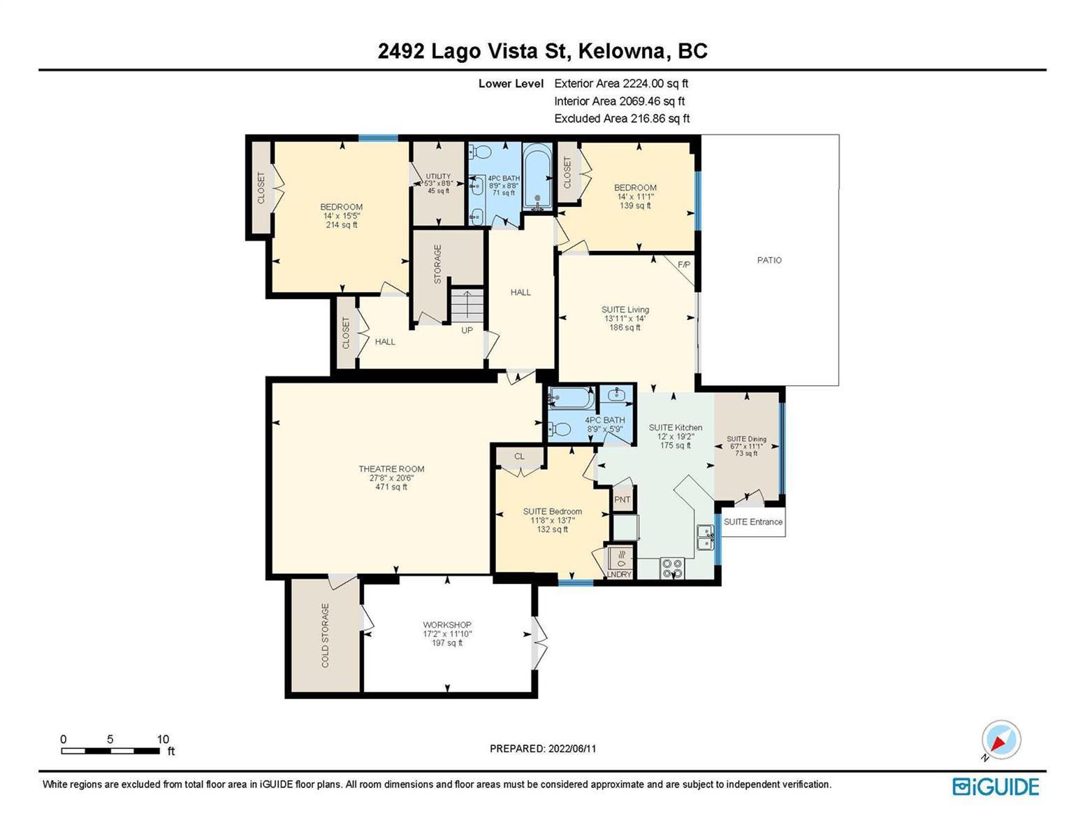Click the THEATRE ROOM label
pyautogui.click(x=391, y=469)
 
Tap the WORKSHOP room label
pyautogui.click(x=447, y=624)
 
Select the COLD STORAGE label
pyautogui.click(x=325, y=636)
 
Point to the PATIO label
pyautogui.click(x=769, y=260)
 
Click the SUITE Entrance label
pyautogui.click(x=753, y=522)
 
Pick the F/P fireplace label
pyautogui.click(x=683, y=264)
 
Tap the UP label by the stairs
pyautogui.click(x=467, y=330)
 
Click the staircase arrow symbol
pyautogui.click(x=467, y=304)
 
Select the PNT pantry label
pyautogui.click(x=622, y=500)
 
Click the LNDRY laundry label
pyautogui.click(x=619, y=575)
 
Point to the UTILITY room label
pyautogui.click(x=438, y=176)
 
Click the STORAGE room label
pyautogui.click(x=437, y=264)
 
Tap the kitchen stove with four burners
pyautogui.click(x=673, y=568)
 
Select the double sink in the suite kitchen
pyautogui.click(x=706, y=537)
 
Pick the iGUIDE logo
pyautogui.click(x=996, y=787)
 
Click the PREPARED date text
pyautogui.click(x=543, y=749)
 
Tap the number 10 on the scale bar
pyautogui.click(x=163, y=739)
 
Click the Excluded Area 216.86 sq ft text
pyautogui.click(x=622, y=118)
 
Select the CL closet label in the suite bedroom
pyautogui.click(x=519, y=457)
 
